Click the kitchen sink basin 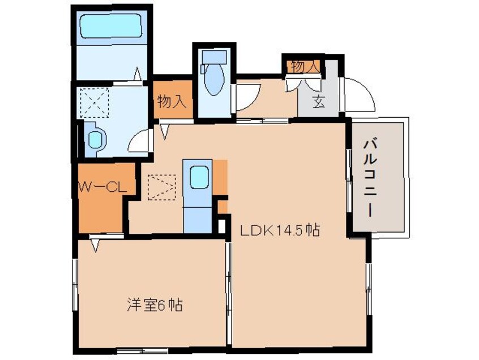199,178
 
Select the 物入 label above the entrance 305,66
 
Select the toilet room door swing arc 247,96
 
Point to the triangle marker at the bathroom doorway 138,74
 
